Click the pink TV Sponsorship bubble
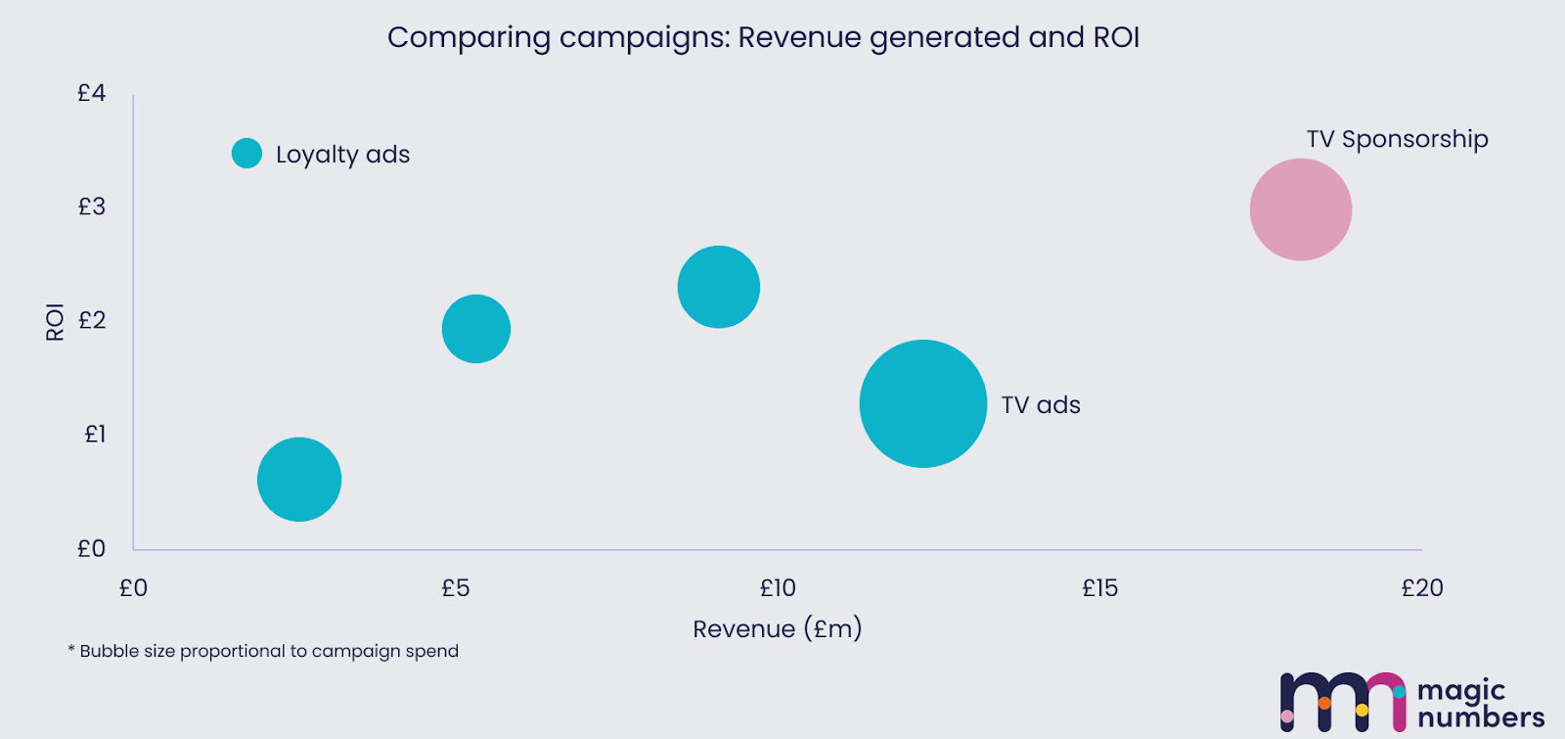[1301, 209]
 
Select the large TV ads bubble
[923, 403]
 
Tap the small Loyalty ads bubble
[246, 153]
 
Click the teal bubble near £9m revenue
[719, 287]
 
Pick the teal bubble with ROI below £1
[299, 480]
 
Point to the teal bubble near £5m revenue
[476, 329]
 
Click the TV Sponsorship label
[1397, 139]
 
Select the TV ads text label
[1041, 405]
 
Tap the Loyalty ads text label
[342, 155]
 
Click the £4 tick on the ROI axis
[92, 93]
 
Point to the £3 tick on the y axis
[92, 207]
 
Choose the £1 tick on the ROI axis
[94, 434]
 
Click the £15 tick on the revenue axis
[1099, 588]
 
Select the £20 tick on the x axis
[1422, 588]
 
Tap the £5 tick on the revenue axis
[456, 588]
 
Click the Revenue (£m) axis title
[778, 628]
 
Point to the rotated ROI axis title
[55, 321]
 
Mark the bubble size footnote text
[263, 651]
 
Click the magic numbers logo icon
[1342, 702]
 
